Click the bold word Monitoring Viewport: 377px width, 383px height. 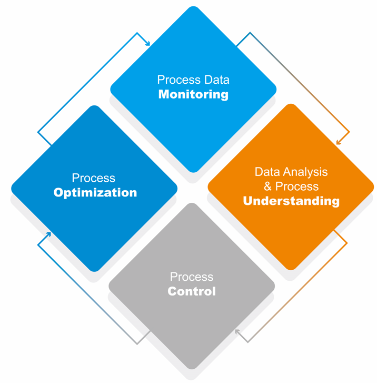(x=193, y=95)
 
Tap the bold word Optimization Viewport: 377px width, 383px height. (x=95, y=193)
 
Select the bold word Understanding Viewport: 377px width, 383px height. (x=291, y=201)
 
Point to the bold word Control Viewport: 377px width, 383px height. (x=192, y=291)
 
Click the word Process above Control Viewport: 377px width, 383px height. (x=192, y=277)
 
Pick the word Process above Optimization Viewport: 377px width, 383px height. (x=94, y=178)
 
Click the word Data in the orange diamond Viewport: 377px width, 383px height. (x=266, y=172)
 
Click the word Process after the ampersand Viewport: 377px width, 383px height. (x=297, y=186)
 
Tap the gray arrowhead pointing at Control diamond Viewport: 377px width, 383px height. (x=237, y=332)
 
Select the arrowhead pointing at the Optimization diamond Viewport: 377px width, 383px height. (x=48, y=234)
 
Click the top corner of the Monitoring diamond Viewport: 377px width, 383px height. (x=193, y=7)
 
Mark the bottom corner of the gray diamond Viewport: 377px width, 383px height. (x=192, y=368)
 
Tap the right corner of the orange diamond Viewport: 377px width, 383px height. (x=373, y=187)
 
